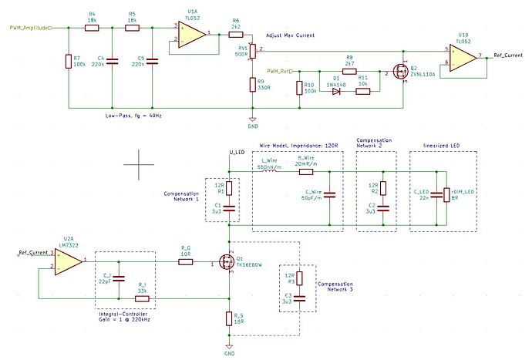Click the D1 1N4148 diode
point(336,90)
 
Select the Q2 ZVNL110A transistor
point(401,72)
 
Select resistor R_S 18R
point(229,318)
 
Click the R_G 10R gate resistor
point(185,262)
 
